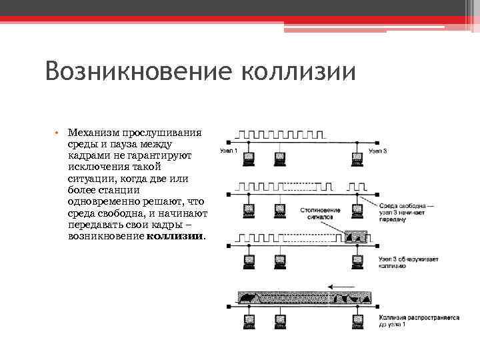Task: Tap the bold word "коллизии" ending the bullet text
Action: (x=176, y=236)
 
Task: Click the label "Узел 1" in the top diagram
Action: (x=230, y=152)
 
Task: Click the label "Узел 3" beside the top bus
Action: (x=377, y=152)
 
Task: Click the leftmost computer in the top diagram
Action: (x=249, y=158)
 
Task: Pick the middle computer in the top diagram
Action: (x=281, y=158)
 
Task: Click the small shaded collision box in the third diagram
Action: (x=357, y=236)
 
